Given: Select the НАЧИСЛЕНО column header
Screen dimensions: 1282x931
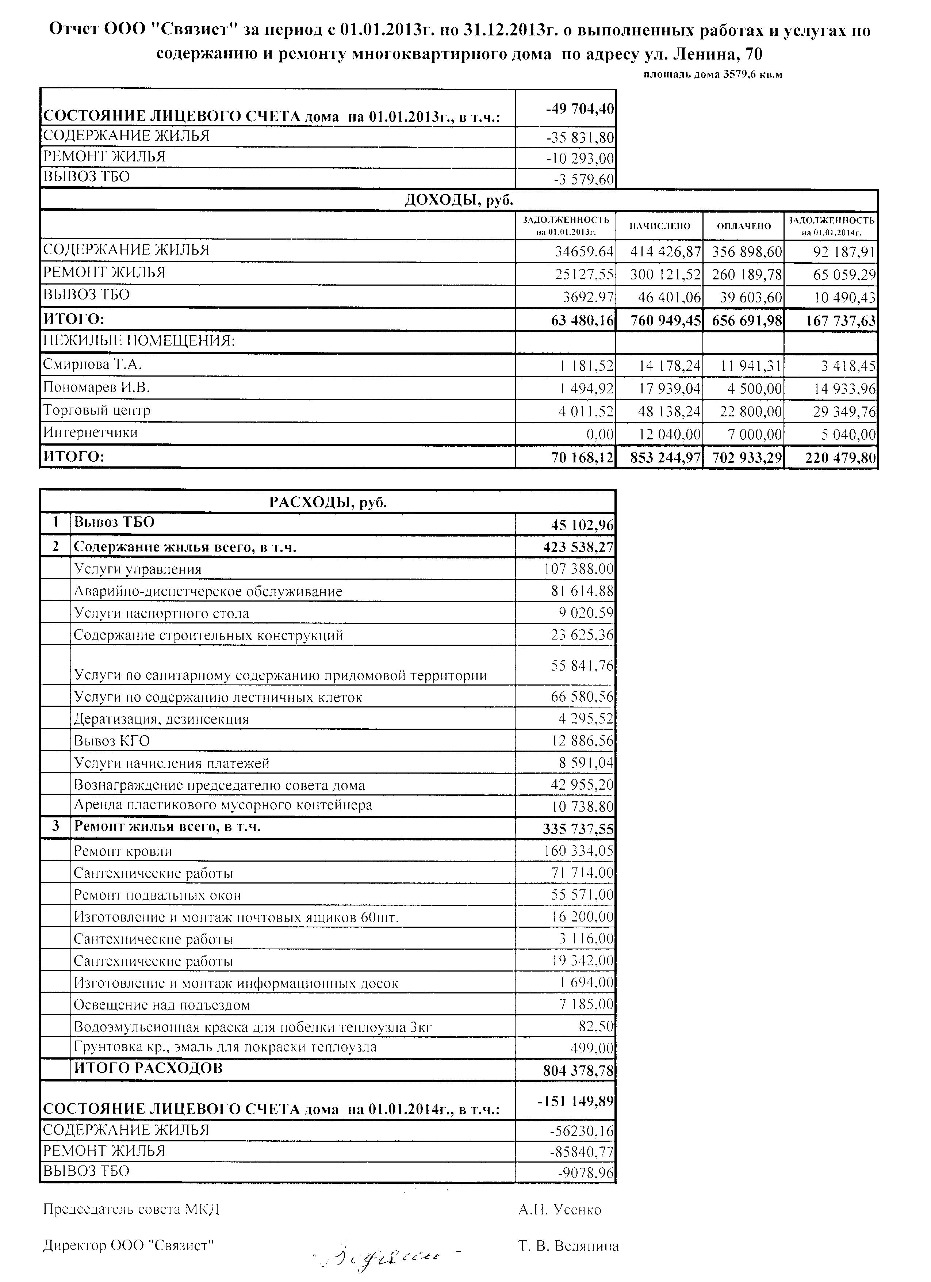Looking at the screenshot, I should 660,226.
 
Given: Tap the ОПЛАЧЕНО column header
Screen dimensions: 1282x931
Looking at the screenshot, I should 743,226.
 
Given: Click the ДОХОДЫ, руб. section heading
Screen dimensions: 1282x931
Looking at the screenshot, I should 459,200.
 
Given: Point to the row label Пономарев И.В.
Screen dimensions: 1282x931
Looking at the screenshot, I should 97,388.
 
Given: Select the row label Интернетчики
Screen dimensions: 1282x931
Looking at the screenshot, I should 91,433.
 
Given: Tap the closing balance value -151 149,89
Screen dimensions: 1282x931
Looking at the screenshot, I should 576,1101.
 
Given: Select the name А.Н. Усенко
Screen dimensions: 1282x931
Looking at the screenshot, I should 560,1210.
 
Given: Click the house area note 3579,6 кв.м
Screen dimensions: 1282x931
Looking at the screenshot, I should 713,75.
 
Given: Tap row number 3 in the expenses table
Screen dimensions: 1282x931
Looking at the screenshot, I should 56,827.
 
